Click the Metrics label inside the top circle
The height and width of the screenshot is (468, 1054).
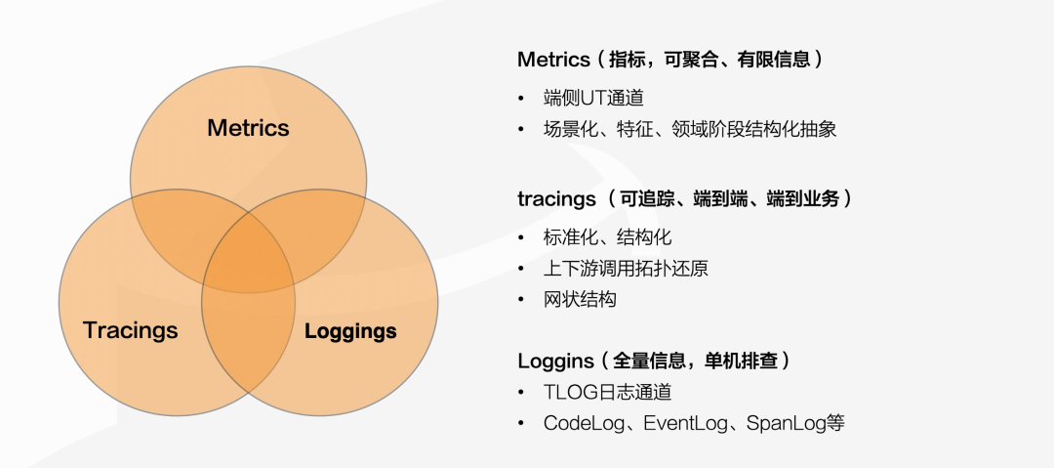pos(248,128)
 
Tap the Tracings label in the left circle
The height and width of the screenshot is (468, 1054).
pos(131,329)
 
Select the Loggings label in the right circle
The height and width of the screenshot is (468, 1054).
pos(350,330)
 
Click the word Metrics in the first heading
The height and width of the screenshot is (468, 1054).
pos(553,60)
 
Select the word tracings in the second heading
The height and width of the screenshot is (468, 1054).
pos(556,198)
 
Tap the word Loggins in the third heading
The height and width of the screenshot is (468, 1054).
pos(554,361)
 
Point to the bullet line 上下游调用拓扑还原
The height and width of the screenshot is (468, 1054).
pos(626,268)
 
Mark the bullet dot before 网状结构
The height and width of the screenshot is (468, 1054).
pos(521,300)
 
